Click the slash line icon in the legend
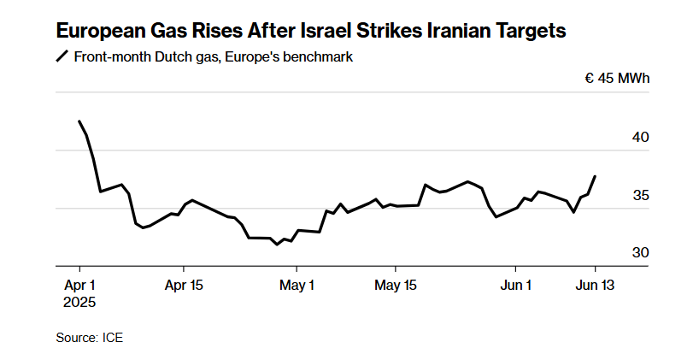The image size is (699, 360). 62,56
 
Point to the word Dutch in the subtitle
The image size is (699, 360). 171,57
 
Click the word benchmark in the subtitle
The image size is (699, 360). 318,57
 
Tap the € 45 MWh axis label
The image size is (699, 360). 617,79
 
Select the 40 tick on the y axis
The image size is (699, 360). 641,138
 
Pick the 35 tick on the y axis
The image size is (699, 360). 641,195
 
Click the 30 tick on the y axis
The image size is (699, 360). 641,253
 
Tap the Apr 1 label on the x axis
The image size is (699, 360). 79,286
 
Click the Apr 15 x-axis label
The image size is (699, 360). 184,286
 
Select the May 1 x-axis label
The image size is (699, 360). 297,286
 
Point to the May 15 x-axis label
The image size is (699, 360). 396,286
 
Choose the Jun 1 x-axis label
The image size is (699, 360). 516,286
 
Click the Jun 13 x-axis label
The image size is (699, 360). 595,286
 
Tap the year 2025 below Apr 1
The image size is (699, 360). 79,303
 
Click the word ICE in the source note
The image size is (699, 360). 113,338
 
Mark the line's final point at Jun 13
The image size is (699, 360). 595,176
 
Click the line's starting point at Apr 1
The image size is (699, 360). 79,121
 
